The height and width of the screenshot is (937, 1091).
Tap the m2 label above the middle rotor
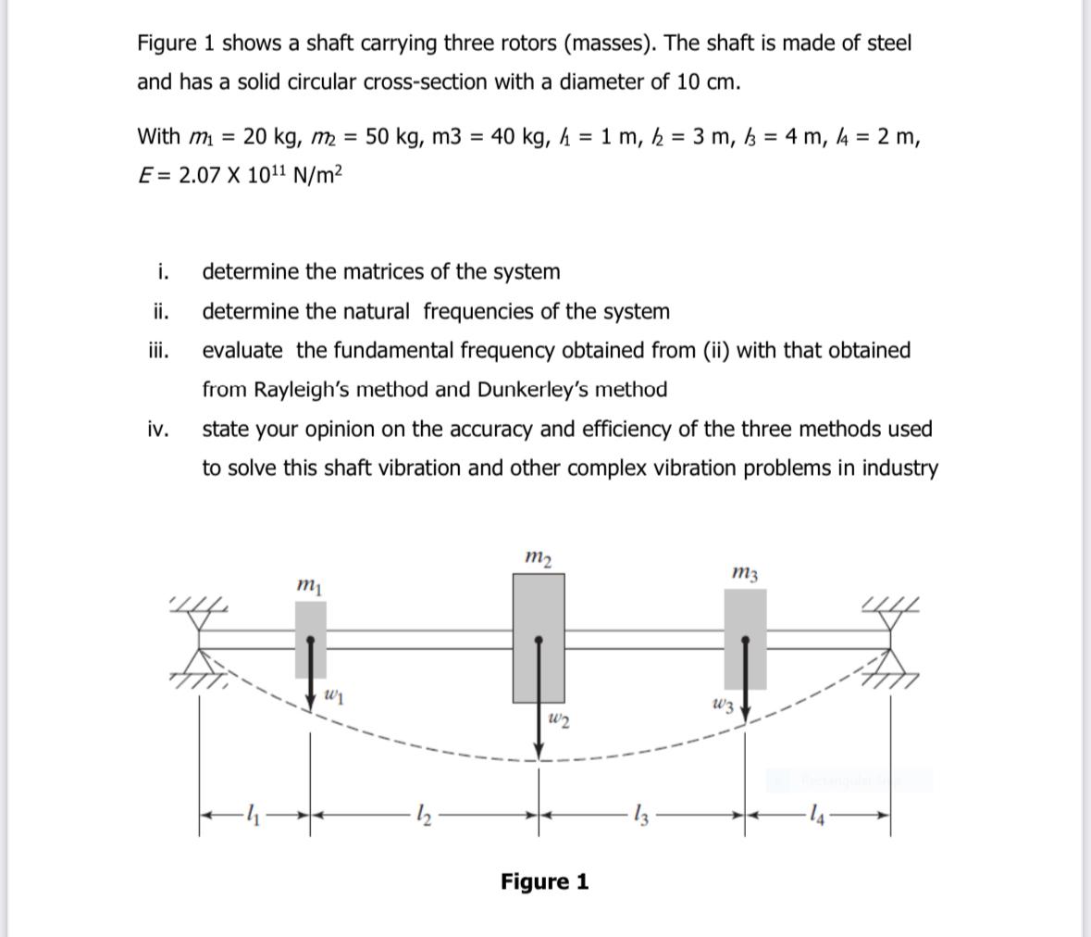tap(538, 556)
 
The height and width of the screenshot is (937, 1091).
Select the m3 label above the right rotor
tap(745, 574)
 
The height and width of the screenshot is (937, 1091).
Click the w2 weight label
tap(558, 719)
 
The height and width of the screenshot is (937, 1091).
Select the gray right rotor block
tap(745, 639)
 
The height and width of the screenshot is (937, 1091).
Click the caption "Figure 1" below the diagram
tap(544, 881)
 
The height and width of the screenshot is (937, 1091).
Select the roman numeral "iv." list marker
tap(158, 429)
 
